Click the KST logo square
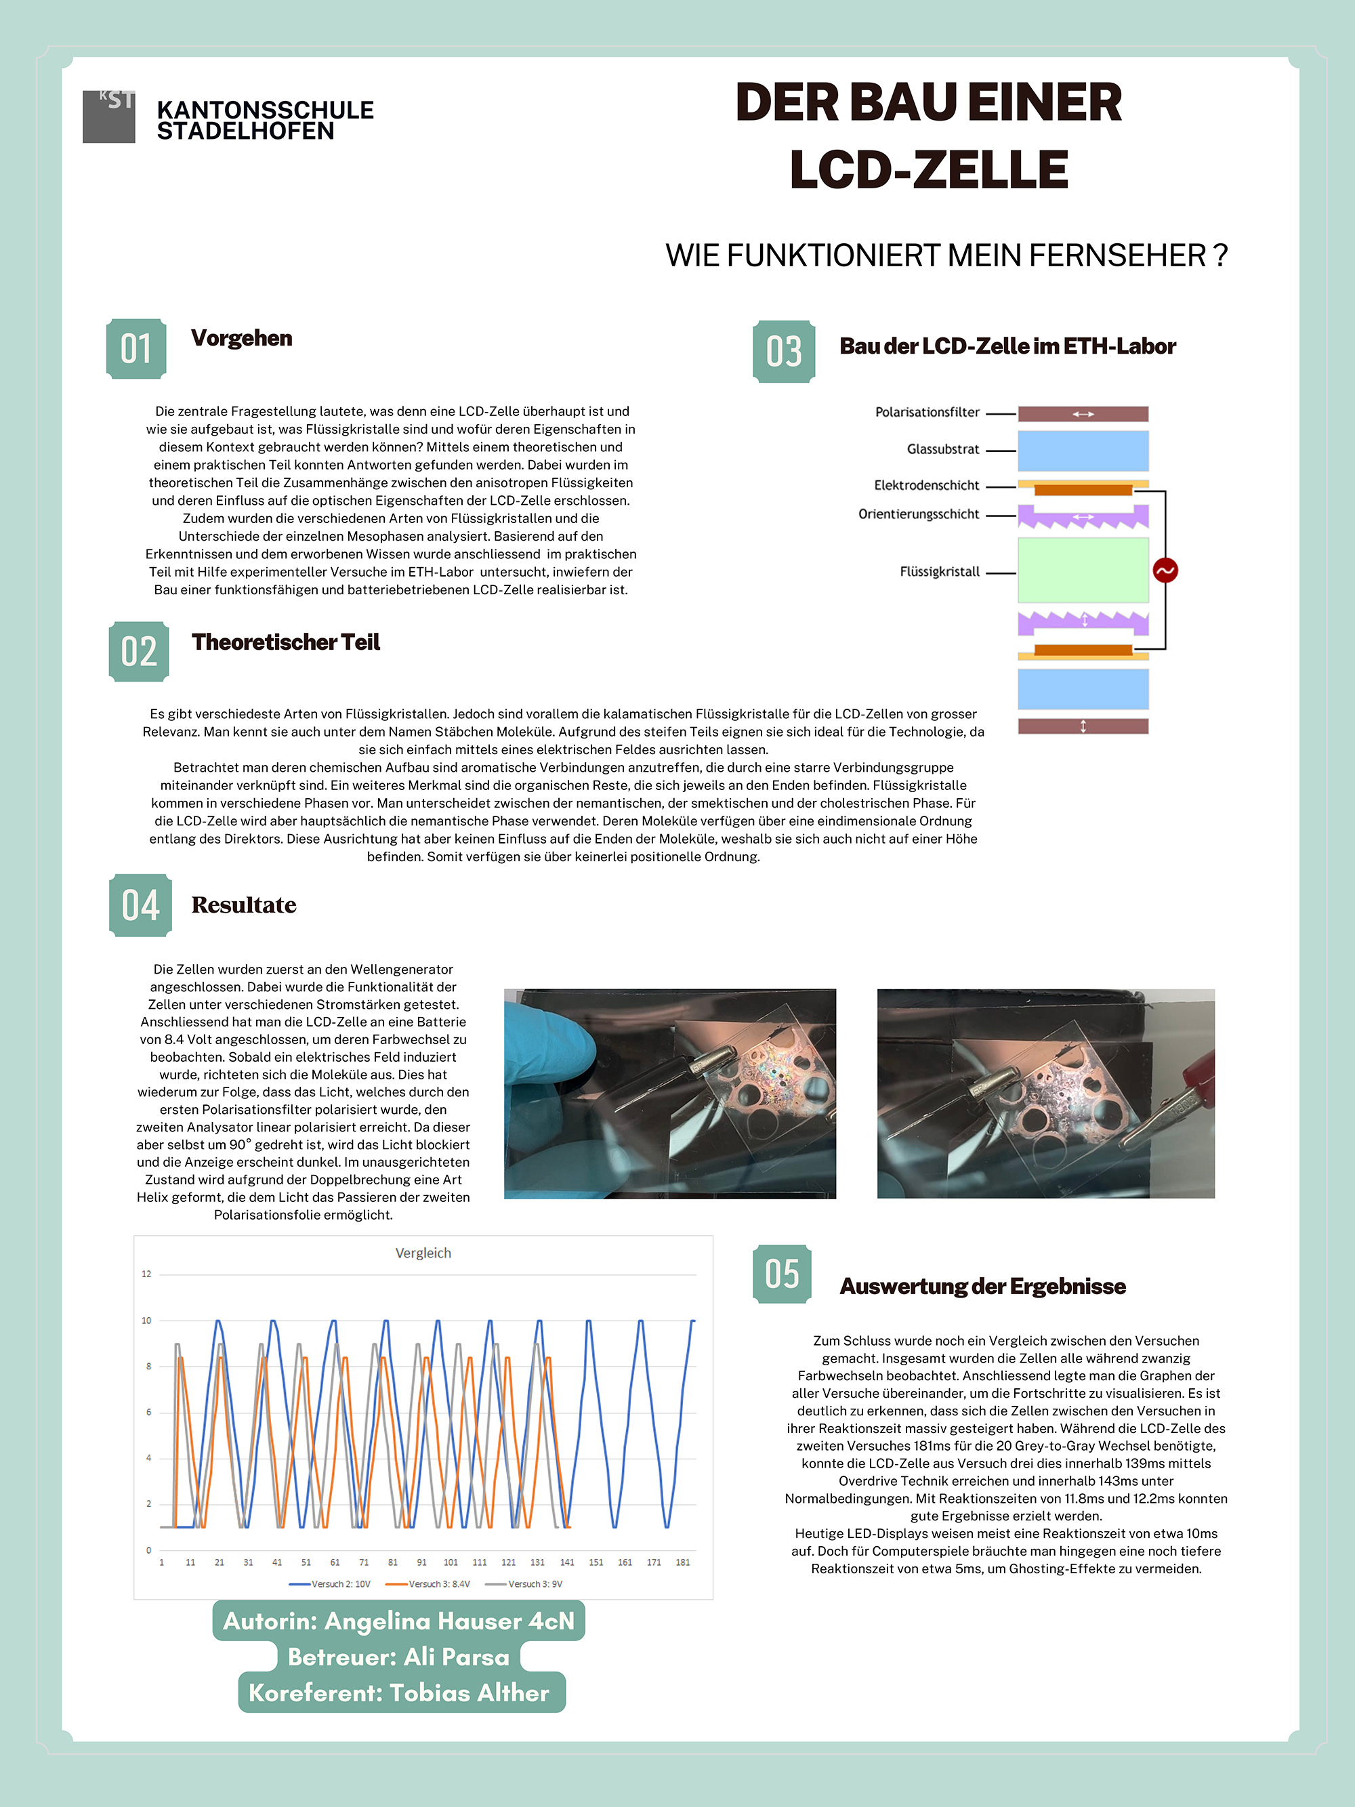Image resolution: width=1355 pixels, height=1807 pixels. (x=108, y=116)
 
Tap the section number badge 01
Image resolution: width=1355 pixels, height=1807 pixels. (x=136, y=349)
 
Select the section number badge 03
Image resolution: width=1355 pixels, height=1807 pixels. (x=783, y=351)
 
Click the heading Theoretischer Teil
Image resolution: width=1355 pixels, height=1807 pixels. (x=286, y=642)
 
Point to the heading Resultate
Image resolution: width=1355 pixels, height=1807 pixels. (x=243, y=905)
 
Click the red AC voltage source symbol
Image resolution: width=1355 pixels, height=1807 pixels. (x=1165, y=570)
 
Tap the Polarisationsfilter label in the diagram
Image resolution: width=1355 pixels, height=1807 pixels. (x=927, y=413)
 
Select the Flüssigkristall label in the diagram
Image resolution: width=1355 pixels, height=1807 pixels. (x=939, y=572)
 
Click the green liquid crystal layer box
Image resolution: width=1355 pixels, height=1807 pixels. (x=1082, y=570)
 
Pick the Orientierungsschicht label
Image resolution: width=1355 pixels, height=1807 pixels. (x=918, y=514)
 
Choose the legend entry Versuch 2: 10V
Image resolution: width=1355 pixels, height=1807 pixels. (x=330, y=1584)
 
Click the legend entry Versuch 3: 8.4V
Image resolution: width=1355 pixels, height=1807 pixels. (x=428, y=1584)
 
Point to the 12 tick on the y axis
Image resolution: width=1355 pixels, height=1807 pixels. (x=147, y=1274)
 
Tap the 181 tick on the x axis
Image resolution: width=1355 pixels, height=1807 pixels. (x=683, y=1562)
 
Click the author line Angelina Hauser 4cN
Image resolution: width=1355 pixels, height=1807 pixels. (x=398, y=1621)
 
